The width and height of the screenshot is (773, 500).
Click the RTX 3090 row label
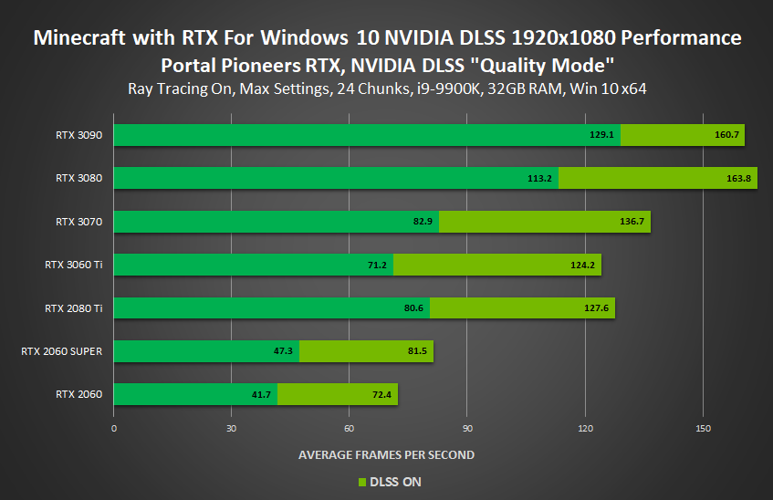point(78,135)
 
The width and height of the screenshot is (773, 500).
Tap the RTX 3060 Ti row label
point(73,265)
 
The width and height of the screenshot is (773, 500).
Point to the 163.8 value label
point(738,179)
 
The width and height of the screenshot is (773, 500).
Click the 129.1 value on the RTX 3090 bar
point(601,135)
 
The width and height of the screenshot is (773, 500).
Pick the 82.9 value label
point(423,222)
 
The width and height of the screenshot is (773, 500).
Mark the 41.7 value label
point(261,395)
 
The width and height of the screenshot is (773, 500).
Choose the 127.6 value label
point(597,308)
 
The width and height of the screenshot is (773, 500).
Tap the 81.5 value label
point(417,352)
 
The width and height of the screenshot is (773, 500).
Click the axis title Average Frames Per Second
point(386,454)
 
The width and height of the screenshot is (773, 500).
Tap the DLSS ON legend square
point(361,482)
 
